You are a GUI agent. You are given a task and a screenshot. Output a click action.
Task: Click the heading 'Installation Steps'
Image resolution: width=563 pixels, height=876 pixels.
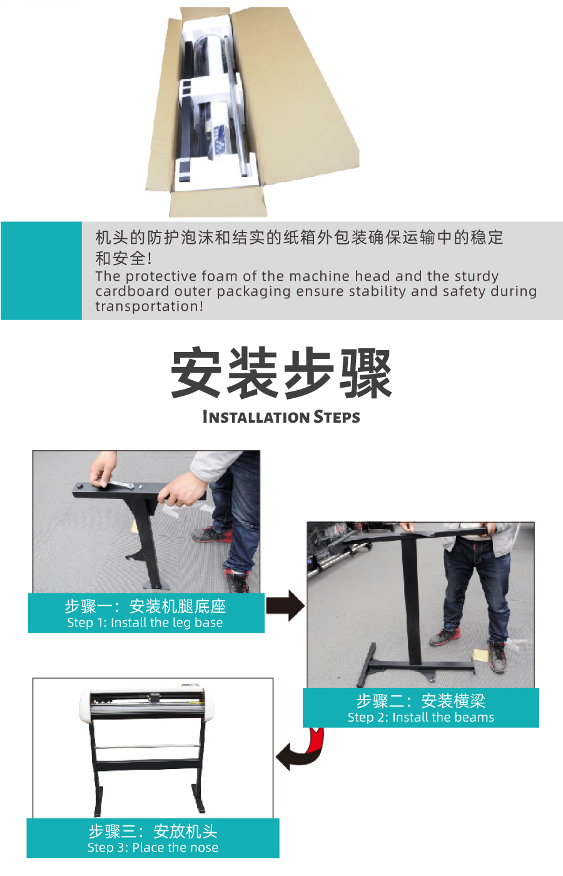[281, 417]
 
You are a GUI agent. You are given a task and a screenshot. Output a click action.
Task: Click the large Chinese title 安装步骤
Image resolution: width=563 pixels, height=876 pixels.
[281, 373]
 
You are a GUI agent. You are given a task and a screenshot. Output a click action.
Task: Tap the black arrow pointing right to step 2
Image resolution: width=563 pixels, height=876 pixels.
[285, 606]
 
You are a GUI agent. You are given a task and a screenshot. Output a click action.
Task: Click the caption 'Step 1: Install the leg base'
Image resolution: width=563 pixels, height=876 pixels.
[145, 623]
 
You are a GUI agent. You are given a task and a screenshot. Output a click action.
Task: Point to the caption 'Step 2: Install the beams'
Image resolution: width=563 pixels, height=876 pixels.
[421, 717]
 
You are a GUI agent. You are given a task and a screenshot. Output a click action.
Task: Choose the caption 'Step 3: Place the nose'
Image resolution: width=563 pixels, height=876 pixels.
[153, 847]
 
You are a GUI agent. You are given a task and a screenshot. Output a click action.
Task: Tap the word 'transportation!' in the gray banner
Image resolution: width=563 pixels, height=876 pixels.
[150, 306]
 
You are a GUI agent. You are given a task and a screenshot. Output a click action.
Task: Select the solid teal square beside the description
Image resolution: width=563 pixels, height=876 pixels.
[41, 271]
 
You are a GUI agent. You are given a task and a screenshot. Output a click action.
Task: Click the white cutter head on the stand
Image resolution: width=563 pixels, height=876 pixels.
[147, 703]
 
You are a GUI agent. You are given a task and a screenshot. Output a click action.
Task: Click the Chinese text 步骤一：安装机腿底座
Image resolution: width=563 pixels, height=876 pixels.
[145, 606]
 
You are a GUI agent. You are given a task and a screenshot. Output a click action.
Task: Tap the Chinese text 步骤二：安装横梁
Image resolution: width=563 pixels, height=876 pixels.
[421, 701]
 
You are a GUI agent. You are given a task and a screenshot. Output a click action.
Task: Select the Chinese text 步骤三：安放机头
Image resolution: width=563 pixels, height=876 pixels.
[153, 831]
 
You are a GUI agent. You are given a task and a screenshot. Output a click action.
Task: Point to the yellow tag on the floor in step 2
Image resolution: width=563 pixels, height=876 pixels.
[481, 655]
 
